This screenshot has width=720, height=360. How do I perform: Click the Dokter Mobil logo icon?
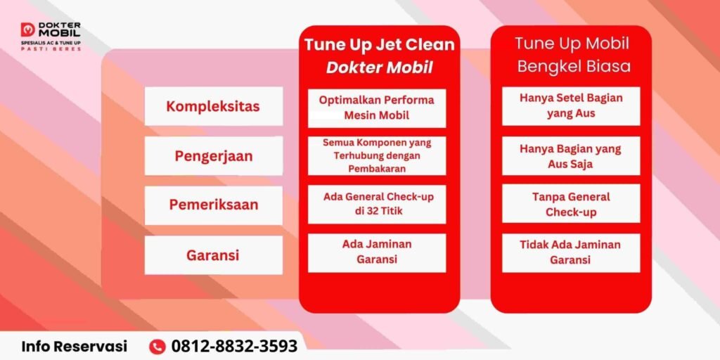coord(28,30)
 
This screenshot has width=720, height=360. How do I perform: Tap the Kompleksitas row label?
coord(213,107)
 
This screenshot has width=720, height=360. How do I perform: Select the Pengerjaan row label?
coord(214,156)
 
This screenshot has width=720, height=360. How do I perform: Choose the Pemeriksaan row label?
coord(214,205)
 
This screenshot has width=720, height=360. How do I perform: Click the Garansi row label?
coord(212,255)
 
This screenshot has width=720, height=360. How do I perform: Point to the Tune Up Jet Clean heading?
coord(379,45)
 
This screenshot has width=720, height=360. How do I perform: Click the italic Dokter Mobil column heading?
coord(379,68)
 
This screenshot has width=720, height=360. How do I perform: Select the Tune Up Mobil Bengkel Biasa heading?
coord(571,55)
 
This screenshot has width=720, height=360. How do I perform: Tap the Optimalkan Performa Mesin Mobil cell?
coord(377,108)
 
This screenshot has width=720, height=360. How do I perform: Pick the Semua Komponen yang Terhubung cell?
coord(377,155)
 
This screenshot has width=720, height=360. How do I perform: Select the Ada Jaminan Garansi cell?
coord(377,252)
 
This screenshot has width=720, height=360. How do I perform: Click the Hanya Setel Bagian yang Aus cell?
coord(571,106)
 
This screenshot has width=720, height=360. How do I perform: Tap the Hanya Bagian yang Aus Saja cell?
coord(571,156)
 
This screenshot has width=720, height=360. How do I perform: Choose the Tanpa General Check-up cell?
coord(571,204)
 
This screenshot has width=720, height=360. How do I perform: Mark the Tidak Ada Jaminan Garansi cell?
coord(571,252)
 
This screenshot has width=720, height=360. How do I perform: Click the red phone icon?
coord(157,346)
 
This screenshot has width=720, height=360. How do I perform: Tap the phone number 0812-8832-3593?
coord(234,346)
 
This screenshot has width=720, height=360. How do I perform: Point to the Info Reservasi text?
coord(75,346)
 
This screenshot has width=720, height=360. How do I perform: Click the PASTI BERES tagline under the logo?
coord(51,49)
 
